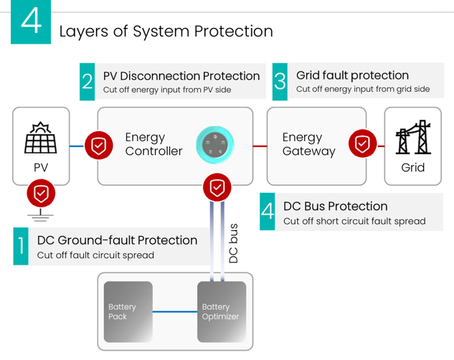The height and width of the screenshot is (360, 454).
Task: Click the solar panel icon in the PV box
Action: pyautogui.click(x=41, y=138)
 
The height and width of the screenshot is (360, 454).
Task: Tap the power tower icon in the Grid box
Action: pyautogui.click(x=413, y=138)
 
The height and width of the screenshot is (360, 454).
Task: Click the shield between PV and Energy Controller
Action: pyautogui.click(x=98, y=146)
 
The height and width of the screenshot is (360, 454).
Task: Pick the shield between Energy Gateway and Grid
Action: pyautogui.click(x=363, y=145)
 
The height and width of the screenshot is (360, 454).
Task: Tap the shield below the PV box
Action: pyautogui.click(x=41, y=194)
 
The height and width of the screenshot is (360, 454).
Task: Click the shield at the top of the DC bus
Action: pyautogui.click(x=217, y=187)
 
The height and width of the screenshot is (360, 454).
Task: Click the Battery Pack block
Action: pyautogui.click(x=128, y=312)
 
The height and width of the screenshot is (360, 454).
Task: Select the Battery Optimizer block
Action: pyautogui.click(x=221, y=312)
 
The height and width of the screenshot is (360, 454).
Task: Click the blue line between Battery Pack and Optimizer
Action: pyautogui.click(x=174, y=312)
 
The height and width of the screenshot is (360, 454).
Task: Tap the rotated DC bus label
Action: pyautogui.click(x=233, y=244)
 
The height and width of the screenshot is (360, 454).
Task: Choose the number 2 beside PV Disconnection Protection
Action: pyautogui.click(x=88, y=82)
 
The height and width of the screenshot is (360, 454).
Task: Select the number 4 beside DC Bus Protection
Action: pyautogui.click(x=268, y=212)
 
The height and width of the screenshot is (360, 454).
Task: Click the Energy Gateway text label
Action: pyautogui.click(x=308, y=144)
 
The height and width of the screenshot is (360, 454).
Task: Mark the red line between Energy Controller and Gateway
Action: pyautogui.click(x=260, y=146)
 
